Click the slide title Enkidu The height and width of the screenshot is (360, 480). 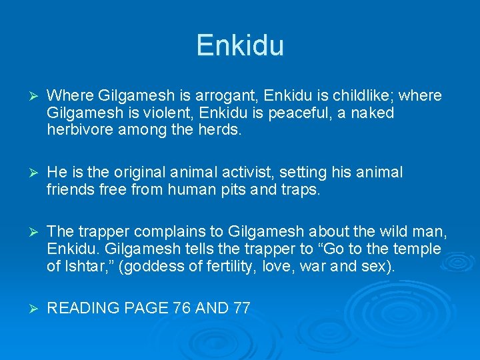coord(240,46)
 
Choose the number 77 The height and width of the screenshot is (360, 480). coord(241,309)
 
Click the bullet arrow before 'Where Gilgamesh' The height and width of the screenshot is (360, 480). coord(28,97)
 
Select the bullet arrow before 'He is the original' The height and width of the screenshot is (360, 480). coord(28,173)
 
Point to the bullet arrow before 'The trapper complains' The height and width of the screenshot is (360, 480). coord(28,233)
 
